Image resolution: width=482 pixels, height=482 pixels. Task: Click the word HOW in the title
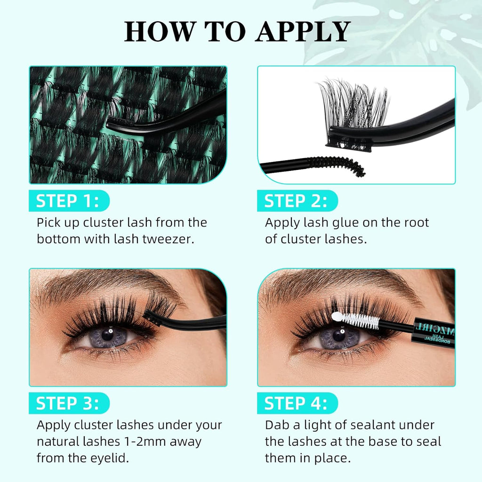coord(157,31)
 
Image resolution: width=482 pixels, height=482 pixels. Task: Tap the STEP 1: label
coord(68,201)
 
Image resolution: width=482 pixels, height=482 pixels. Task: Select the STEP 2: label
coord(296,201)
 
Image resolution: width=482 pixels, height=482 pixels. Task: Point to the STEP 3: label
coord(68,403)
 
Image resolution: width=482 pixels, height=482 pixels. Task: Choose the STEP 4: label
coord(296,403)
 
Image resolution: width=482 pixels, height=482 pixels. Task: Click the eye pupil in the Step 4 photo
coord(338,336)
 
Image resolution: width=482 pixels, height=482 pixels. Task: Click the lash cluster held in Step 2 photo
coord(353,106)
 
